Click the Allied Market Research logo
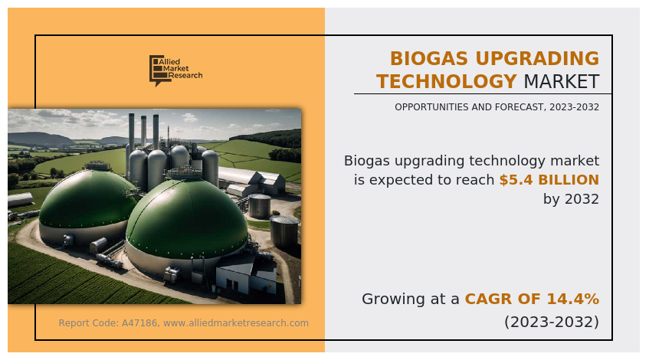[x=176, y=70]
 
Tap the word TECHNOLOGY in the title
[x=447, y=81]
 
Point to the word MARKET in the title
[x=562, y=81]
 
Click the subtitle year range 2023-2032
[x=574, y=107]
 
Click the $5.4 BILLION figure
[x=549, y=180]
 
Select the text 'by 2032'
[x=571, y=199]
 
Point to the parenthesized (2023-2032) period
[x=552, y=322]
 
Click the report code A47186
[x=139, y=322]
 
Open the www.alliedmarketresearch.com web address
[x=236, y=322]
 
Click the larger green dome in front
[x=187, y=221]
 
